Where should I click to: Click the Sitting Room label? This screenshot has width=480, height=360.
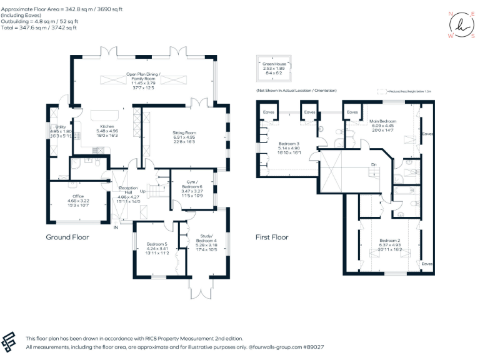[184, 132]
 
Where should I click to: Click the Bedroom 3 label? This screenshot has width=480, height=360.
[288, 143]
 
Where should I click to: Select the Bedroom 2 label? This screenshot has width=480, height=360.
[389, 240]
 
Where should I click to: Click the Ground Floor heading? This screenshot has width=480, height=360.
[67, 237]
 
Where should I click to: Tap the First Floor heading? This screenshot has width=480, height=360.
[271, 237]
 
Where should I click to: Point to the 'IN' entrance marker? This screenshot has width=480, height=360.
[116, 227]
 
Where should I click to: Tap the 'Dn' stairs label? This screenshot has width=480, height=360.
[374, 165]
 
